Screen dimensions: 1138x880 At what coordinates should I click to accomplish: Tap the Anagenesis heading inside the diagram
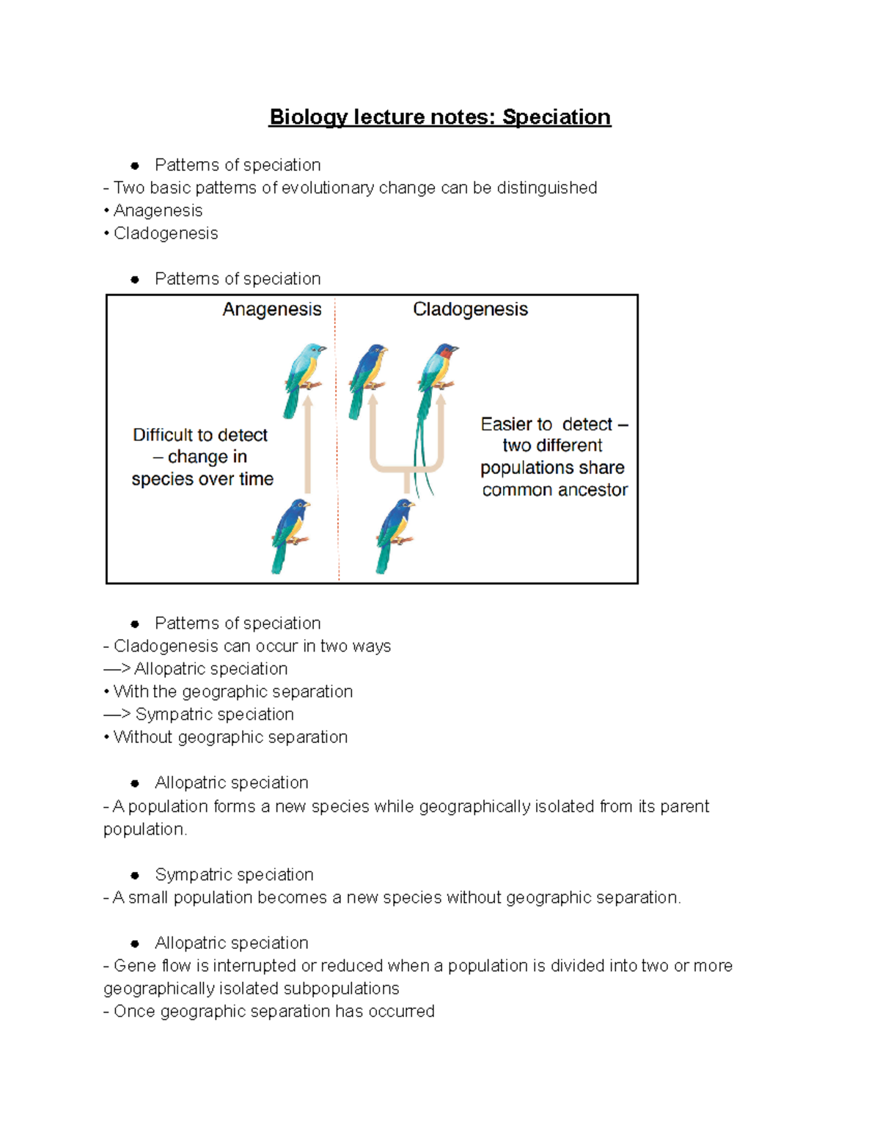click(x=272, y=309)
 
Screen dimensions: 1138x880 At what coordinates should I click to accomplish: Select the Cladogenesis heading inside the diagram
click(x=470, y=309)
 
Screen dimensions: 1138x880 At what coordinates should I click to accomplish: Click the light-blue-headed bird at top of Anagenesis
click(x=305, y=374)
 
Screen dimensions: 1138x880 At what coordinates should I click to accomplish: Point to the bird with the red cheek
click(x=439, y=370)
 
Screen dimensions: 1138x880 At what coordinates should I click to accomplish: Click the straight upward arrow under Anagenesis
click(x=308, y=447)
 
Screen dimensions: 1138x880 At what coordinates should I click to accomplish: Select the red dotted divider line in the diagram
click(x=337, y=440)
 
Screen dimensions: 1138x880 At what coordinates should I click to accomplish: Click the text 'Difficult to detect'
click(x=200, y=435)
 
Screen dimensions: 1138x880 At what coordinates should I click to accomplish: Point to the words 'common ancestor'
click(x=555, y=489)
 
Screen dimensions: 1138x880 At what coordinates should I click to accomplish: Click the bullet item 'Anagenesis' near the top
click(x=158, y=211)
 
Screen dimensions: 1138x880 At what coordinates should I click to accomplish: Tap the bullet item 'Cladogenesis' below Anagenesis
click(x=166, y=234)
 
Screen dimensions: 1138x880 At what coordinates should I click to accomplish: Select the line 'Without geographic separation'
click(x=230, y=737)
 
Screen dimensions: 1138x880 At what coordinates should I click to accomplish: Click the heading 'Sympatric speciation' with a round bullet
click(x=234, y=875)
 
